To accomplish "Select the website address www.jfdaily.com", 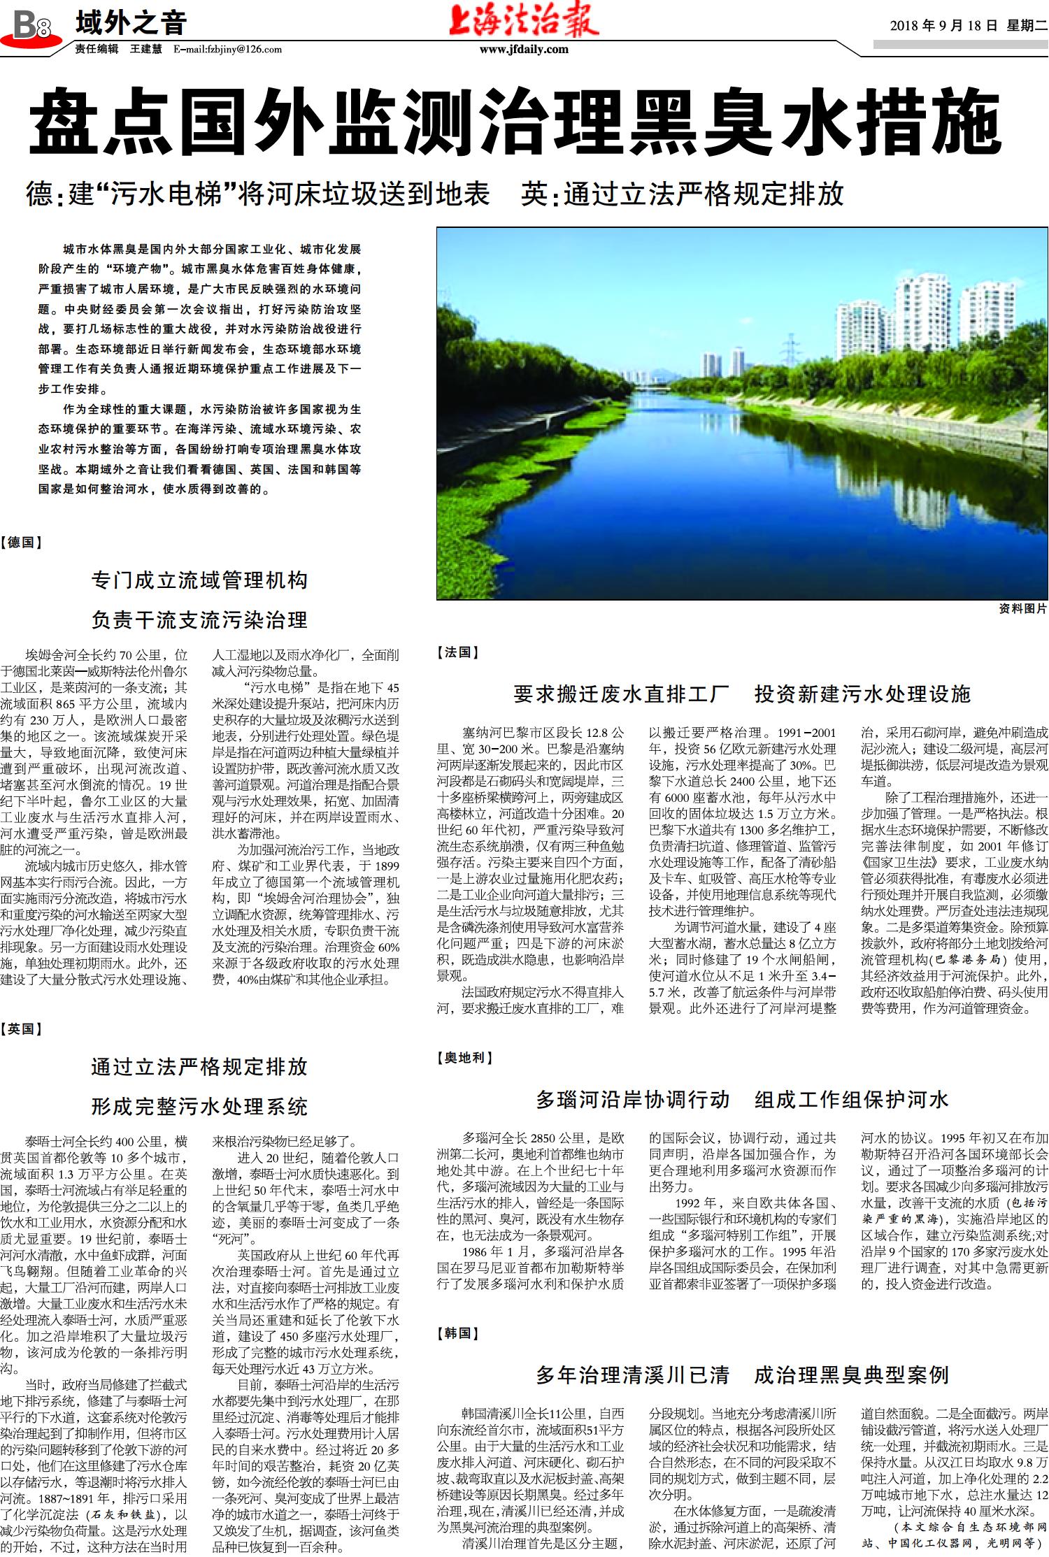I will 524,49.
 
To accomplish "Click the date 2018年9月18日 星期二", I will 968,26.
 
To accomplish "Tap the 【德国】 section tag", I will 22,542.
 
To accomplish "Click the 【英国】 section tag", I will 22,1028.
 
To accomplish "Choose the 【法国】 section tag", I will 458,652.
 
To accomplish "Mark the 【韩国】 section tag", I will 458,1333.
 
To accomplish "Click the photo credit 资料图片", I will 1023,608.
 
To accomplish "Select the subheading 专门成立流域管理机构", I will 199,580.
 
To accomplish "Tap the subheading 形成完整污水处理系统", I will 199,1107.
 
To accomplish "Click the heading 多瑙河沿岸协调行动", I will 632,1099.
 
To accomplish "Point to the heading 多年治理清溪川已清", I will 632,1375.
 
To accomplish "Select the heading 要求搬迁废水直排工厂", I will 621,694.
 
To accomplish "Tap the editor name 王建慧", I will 145,49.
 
